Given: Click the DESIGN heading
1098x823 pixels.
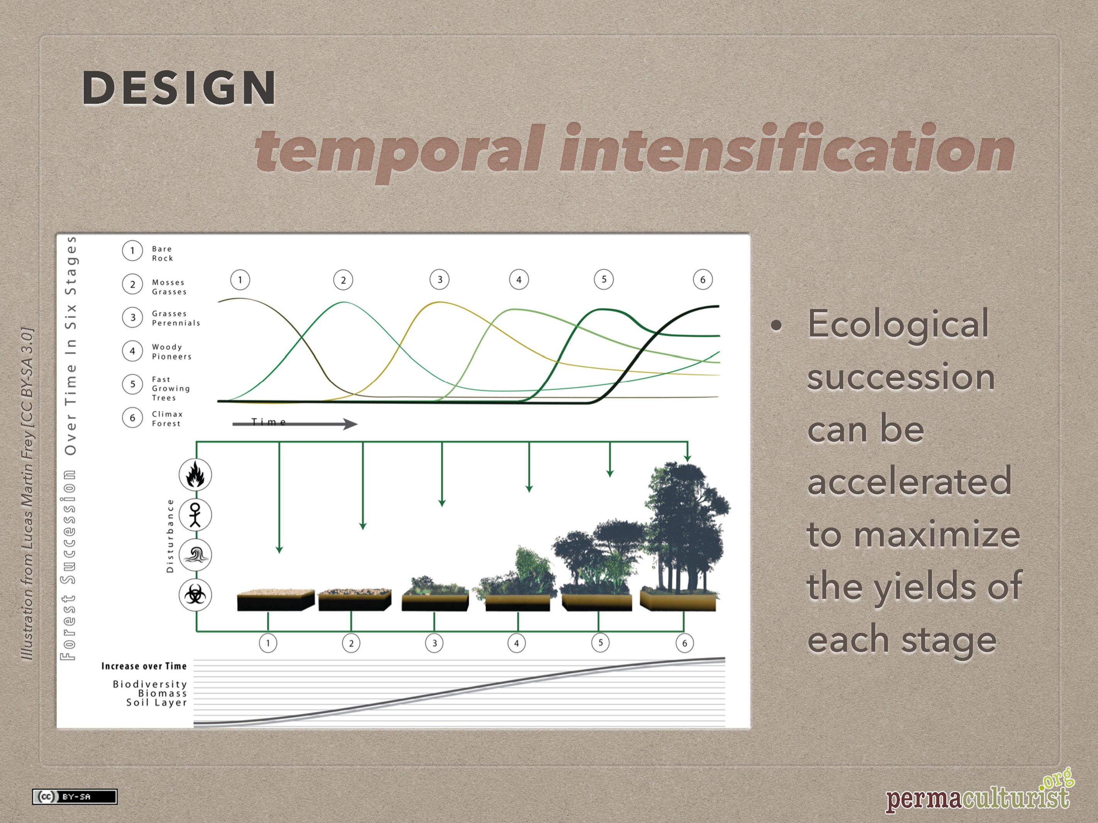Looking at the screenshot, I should pos(179,88).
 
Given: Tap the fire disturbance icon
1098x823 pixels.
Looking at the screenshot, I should pos(195,475).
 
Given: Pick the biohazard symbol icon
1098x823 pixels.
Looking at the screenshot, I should pos(195,595).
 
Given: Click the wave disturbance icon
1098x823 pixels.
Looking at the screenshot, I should pos(195,554).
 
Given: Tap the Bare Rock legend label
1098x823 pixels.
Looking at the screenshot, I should pos(162,253).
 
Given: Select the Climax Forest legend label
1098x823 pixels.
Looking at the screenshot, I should pos(167,419).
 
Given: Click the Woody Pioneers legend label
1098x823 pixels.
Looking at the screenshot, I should pos(171,352).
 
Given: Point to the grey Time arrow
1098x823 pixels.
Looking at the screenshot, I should pos(295,424).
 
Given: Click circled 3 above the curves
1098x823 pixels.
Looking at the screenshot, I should pos(439,279).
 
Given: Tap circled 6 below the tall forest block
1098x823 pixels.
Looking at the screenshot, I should pos(685,644).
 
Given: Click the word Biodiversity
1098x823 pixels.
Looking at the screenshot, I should pos(149,684).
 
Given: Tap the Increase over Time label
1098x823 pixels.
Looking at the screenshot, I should pos(144,666).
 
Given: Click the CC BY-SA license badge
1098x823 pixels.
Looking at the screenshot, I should pos(75,797).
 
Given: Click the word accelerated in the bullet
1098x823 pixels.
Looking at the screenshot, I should pos(909,481).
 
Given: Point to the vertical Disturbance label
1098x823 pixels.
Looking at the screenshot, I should pos(170,536).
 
